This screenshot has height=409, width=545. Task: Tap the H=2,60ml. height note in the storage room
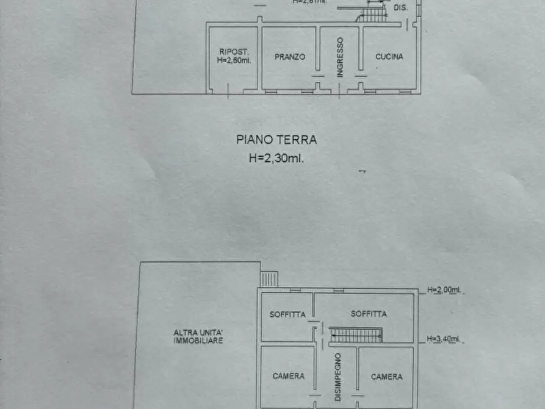(234, 61)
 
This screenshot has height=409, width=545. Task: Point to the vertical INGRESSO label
(340, 57)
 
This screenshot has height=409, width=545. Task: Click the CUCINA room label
(389, 57)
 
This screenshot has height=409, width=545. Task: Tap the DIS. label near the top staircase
(400, 8)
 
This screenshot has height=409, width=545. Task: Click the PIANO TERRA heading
(276, 140)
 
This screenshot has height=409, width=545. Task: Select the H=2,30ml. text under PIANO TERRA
(276, 158)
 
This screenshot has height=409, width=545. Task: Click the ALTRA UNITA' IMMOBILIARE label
(198, 336)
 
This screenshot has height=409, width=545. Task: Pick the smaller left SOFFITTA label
(287, 314)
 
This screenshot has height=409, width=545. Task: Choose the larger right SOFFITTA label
(369, 314)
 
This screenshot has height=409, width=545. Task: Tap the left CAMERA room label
(288, 376)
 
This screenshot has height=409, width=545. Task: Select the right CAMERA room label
(387, 377)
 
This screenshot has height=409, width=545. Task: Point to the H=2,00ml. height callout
(443, 290)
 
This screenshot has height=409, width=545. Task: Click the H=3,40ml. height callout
(443, 339)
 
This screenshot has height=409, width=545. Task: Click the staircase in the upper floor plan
(356, 335)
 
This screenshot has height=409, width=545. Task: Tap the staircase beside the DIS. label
(372, 12)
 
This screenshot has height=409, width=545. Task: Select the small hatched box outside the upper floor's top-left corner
(269, 279)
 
